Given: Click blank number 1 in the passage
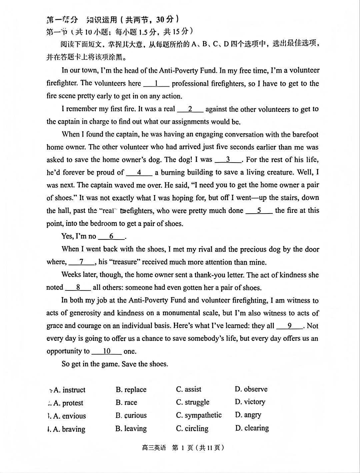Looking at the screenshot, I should click(156, 83).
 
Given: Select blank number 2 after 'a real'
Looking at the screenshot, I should click(190, 109).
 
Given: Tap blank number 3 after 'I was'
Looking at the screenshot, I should click(228, 160).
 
